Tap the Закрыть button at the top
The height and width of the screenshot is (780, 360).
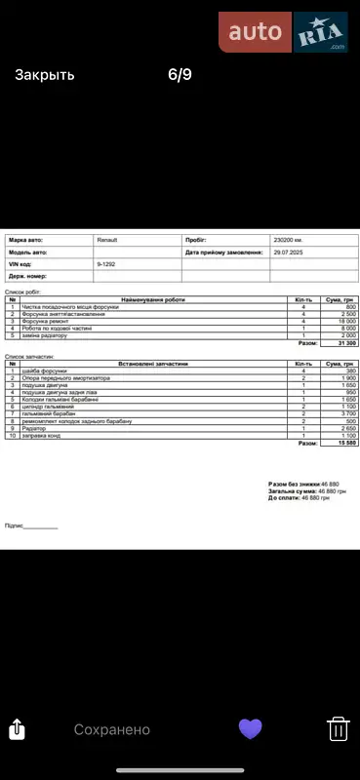[x=44, y=74]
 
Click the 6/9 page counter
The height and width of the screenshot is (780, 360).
[x=180, y=74]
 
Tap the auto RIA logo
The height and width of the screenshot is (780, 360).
[x=284, y=33]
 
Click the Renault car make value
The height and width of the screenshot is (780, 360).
[x=106, y=239]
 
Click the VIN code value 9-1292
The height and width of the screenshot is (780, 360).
[x=108, y=264]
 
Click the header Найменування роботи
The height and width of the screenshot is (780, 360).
[x=153, y=299]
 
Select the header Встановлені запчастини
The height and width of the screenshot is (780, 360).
[x=153, y=364]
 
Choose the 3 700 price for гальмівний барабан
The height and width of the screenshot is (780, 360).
[x=345, y=413]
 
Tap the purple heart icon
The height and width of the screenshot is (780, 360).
[x=251, y=728]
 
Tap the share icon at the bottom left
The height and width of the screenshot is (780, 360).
[x=17, y=728]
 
